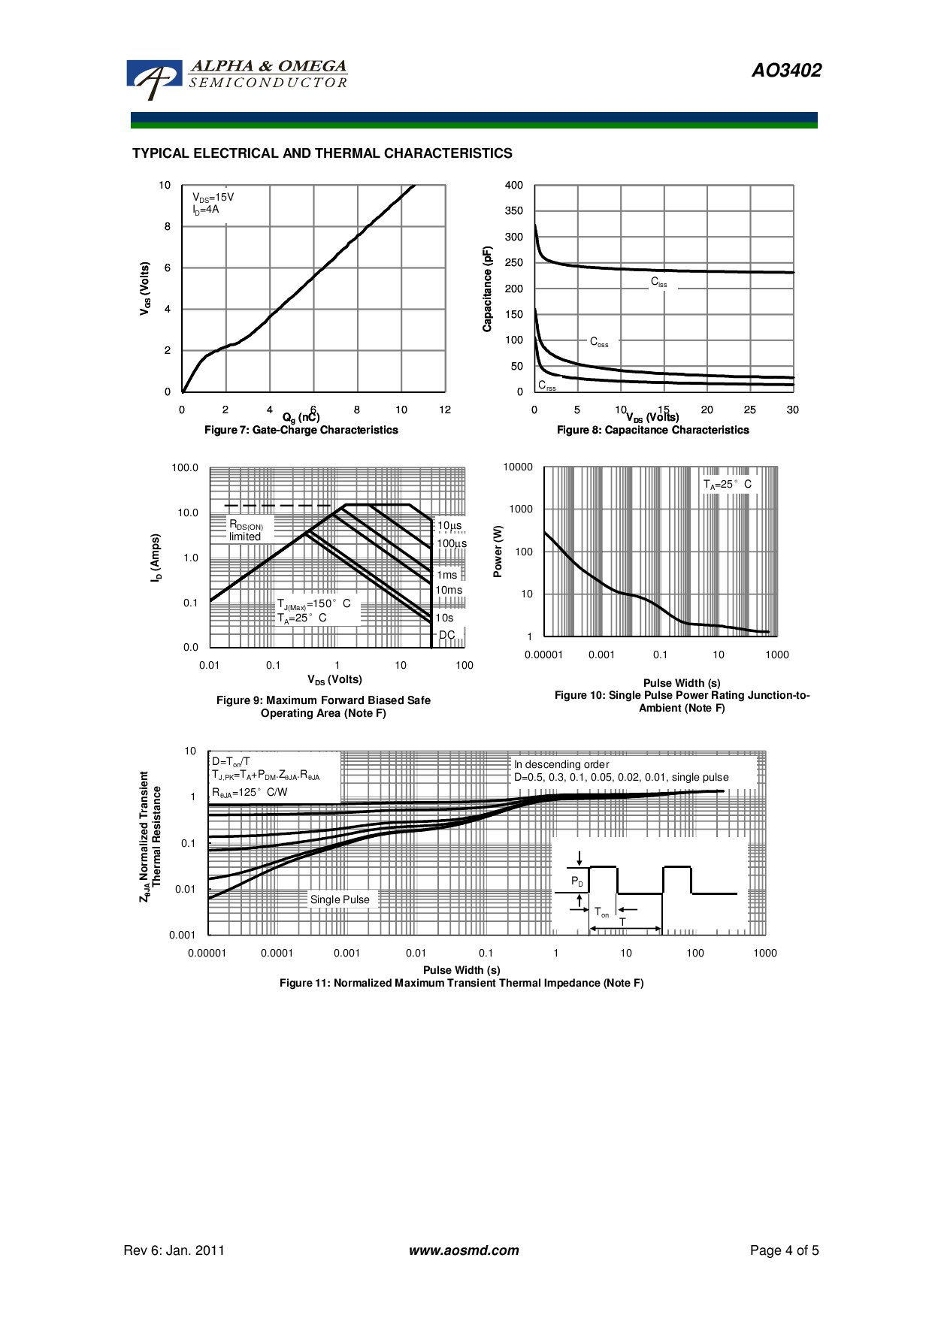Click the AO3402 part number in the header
tap(786, 71)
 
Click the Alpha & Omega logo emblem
tap(154, 78)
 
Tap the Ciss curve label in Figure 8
tap(658, 283)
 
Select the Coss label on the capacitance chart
tap(599, 342)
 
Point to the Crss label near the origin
tap(546, 385)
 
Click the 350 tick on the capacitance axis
tap(514, 211)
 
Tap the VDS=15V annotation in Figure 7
tap(213, 198)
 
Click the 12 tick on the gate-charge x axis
tap(445, 410)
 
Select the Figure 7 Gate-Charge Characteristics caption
tap(301, 431)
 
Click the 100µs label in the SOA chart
tap(452, 543)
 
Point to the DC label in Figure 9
tap(446, 635)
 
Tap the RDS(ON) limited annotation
tap(246, 531)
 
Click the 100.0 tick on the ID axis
tap(185, 468)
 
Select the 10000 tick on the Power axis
tap(518, 467)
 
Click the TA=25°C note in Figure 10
tap(727, 485)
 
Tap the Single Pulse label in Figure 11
tap(340, 899)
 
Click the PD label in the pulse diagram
tap(576, 881)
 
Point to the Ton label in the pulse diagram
tap(601, 912)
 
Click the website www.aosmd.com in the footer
tap(464, 1250)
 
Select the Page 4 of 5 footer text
tap(784, 1250)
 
